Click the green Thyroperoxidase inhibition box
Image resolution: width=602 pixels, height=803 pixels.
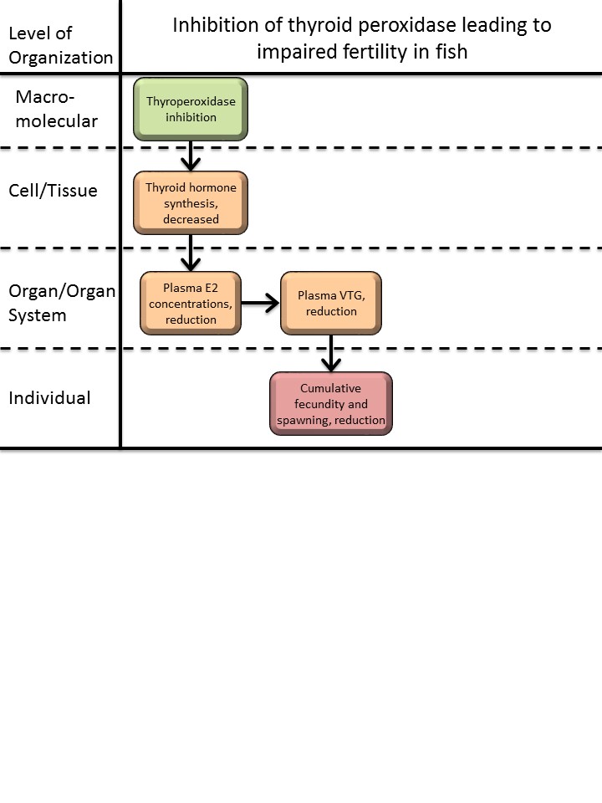pos(191,110)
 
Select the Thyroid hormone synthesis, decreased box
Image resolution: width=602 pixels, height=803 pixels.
pos(191,203)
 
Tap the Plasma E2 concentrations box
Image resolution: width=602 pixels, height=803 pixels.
pos(191,304)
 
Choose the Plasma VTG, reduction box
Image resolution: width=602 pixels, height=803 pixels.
pos(331,304)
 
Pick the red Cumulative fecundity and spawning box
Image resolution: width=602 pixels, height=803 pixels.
pos(331,404)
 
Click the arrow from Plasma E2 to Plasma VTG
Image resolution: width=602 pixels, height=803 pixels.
pos(261,304)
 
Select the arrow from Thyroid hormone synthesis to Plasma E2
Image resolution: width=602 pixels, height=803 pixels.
pos(191,253)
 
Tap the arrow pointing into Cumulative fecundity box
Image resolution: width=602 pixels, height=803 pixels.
pos(332,353)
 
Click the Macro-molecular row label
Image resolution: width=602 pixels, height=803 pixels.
pos(56,110)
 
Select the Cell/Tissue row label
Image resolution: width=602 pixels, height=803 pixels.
pos(53,191)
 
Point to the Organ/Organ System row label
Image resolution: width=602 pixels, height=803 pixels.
pos(61,304)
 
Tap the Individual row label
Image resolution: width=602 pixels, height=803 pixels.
pos(49,398)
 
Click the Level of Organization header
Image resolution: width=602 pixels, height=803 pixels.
pos(60,45)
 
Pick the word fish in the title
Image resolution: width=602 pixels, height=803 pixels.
pos(450,51)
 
